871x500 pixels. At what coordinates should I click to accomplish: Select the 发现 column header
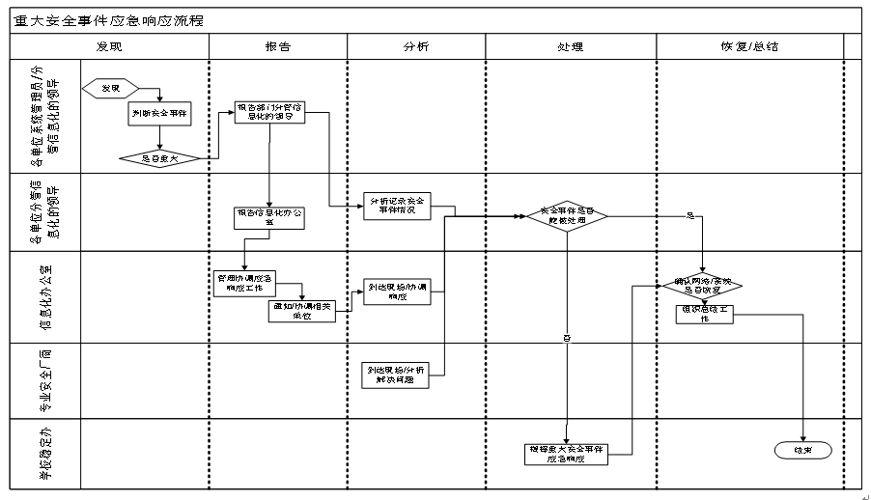click(x=109, y=46)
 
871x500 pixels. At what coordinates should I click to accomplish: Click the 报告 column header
click(x=278, y=46)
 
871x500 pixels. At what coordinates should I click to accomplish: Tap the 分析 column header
click(x=416, y=46)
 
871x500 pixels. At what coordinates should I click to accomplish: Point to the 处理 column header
click(x=571, y=46)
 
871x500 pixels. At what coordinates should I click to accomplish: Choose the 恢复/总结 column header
click(x=750, y=46)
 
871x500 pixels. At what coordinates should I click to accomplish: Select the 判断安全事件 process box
click(x=159, y=114)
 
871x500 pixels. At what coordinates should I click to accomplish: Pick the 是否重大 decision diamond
click(x=159, y=157)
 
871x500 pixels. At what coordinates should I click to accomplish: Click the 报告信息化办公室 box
click(x=269, y=217)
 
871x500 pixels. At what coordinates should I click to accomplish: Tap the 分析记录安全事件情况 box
click(x=397, y=205)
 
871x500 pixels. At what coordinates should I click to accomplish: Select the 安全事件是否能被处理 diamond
click(x=567, y=216)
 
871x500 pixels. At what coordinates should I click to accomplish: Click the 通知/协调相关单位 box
click(x=302, y=310)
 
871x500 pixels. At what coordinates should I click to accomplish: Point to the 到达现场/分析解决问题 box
click(x=396, y=375)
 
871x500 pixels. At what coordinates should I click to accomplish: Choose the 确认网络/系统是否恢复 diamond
click(x=701, y=286)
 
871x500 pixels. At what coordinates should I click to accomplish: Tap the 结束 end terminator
click(x=802, y=450)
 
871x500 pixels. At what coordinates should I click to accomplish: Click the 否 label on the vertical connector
click(x=567, y=338)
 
